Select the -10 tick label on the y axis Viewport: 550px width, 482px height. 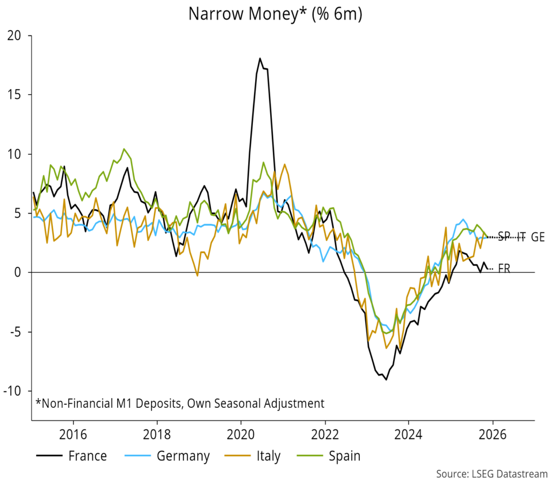tap(15, 391)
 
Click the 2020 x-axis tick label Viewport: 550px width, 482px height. tap(240, 433)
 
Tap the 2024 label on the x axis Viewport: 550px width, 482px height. tap(408, 433)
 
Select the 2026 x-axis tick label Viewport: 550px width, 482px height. tap(492, 433)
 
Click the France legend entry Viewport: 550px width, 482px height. tap(88, 456)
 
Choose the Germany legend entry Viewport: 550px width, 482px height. tap(183, 456)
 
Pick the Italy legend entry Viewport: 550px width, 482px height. tap(268, 456)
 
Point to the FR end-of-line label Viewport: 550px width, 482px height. tap(504, 269)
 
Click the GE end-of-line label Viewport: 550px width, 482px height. tap(538, 238)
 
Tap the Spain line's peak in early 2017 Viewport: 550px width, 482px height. tap(124, 149)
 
